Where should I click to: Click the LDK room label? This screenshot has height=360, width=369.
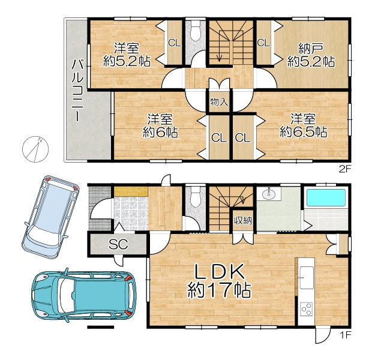[x=218, y=272]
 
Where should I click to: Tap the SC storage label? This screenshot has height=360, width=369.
[x=118, y=244]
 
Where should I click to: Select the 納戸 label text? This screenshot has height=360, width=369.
[x=311, y=49]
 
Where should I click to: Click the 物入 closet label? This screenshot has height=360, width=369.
[x=219, y=102]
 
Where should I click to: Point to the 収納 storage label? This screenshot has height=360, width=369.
[x=243, y=220]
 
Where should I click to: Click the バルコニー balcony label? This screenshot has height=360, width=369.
[x=77, y=91]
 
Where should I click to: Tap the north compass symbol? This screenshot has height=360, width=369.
[x=35, y=149]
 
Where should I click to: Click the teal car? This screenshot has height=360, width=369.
[x=84, y=295]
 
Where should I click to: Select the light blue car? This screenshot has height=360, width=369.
[x=50, y=217]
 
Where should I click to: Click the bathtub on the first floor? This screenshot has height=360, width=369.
[x=326, y=197]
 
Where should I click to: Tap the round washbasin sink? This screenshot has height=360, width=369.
[x=268, y=194]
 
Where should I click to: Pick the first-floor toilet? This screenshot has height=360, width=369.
[x=195, y=197]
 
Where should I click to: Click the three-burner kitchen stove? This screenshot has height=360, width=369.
[x=307, y=309]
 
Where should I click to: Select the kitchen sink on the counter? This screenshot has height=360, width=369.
[x=307, y=278]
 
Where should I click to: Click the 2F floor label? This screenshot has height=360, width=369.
[x=345, y=169]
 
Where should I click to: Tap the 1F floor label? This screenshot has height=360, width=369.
[x=345, y=335]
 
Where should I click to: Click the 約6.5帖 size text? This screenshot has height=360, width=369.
[x=304, y=132]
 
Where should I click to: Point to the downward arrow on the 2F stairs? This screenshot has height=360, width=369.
[x=220, y=46]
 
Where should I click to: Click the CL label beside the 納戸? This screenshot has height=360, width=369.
[x=263, y=43]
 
